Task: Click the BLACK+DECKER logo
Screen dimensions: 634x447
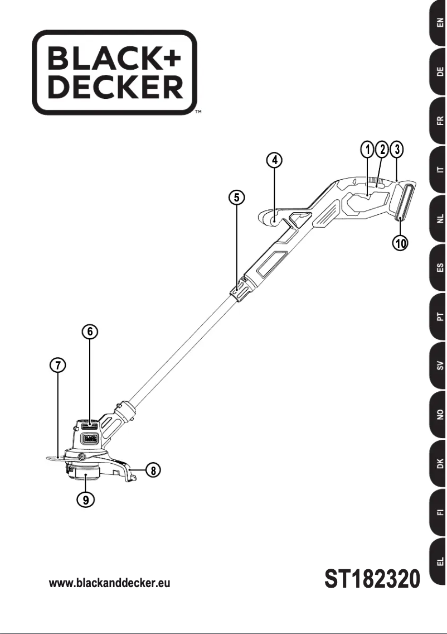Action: click(x=114, y=72)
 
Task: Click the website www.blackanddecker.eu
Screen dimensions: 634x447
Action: click(x=109, y=583)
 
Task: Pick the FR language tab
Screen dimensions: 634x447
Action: click(x=439, y=121)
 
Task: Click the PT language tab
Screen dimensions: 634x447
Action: click(x=439, y=317)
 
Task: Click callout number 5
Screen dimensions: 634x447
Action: click(x=237, y=196)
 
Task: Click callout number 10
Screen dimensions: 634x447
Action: click(x=400, y=243)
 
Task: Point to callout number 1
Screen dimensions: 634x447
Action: click(x=367, y=149)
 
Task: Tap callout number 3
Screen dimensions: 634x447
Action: click(x=396, y=149)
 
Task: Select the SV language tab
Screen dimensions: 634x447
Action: click(x=439, y=366)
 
